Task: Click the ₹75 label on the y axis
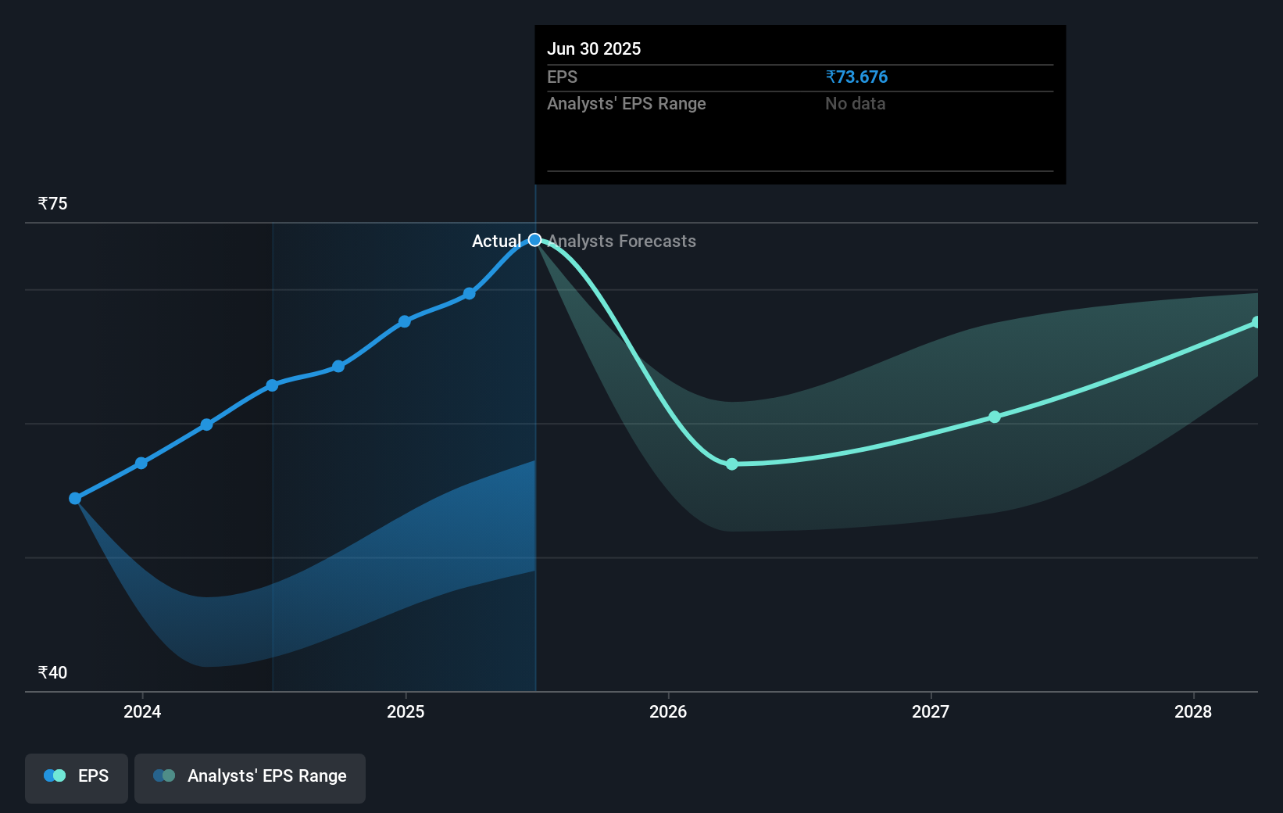click(53, 204)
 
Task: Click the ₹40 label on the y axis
click(53, 673)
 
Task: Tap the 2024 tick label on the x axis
click(142, 711)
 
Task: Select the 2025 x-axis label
click(406, 711)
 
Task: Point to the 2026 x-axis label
click(668, 711)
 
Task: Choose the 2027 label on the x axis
click(931, 711)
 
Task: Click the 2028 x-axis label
click(1193, 711)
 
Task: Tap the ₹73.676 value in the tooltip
click(856, 77)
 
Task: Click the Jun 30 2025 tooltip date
click(594, 49)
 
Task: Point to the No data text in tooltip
click(855, 104)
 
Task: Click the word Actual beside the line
click(496, 242)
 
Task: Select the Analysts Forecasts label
click(622, 242)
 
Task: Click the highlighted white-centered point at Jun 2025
click(535, 240)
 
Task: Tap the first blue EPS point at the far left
click(75, 499)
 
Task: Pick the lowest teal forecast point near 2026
click(732, 464)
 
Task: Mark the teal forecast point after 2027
click(995, 417)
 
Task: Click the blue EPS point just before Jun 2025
click(470, 294)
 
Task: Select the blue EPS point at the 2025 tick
click(405, 321)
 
